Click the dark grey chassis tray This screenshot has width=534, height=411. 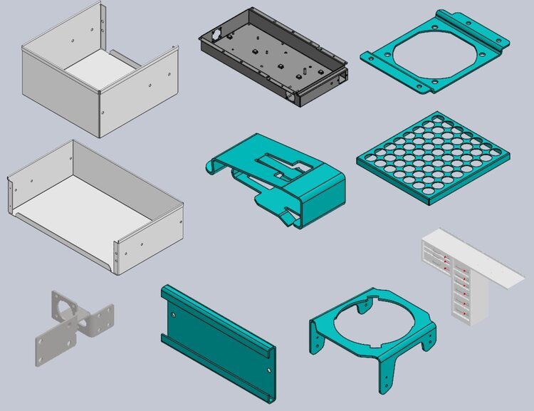pyautogui.click(x=274, y=57)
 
